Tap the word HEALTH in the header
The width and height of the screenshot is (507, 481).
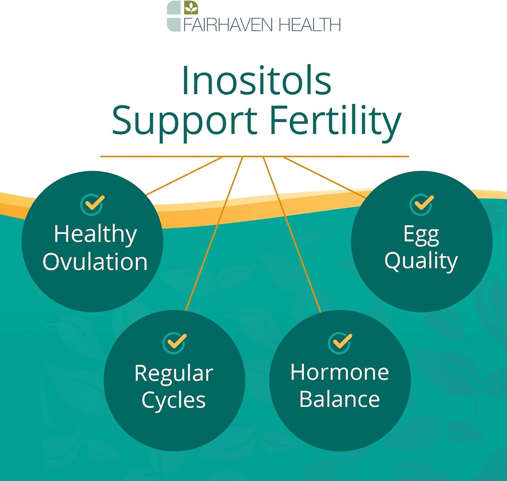(x=309, y=25)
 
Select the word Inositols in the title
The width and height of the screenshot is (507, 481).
(x=256, y=80)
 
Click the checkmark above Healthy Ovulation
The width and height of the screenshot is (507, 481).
(x=92, y=204)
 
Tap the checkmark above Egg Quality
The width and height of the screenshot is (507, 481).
(x=422, y=204)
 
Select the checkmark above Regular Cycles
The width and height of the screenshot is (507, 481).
(x=174, y=342)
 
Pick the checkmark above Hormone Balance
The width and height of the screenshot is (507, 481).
(x=340, y=342)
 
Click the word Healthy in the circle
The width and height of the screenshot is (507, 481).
(x=95, y=234)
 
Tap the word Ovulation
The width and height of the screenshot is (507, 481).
(x=95, y=262)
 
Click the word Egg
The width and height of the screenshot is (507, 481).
(x=421, y=235)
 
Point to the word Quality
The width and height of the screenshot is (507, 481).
(x=421, y=262)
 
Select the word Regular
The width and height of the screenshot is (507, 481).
(x=174, y=373)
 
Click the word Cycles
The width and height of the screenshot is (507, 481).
(x=174, y=400)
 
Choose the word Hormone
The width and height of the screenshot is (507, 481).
(x=340, y=372)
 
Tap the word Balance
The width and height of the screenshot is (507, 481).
(x=340, y=399)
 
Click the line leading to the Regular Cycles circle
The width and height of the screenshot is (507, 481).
(x=214, y=234)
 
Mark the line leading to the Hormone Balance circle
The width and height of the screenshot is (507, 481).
(x=292, y=234)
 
